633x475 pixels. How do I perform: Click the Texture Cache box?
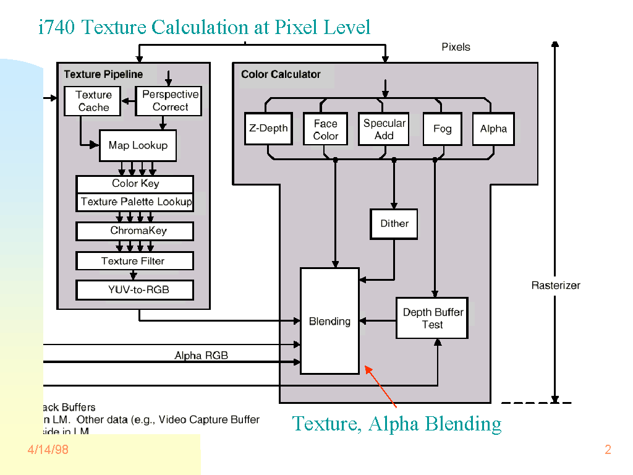(x=93, y=101)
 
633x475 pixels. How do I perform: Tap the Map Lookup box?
(x=138, y=145)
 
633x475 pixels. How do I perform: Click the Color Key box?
(x=135, y=184)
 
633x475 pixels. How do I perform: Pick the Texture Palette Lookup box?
(x=135, y=202)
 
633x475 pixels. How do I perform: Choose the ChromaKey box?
(x=135, y=231)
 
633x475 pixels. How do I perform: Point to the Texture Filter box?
(x=135, y=261)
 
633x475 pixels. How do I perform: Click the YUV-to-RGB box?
(x=135, y=289)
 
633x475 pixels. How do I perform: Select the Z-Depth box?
(x=268, y=129)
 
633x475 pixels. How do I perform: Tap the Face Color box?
(x=325, y=129)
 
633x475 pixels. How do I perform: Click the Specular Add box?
(x=384, y=129)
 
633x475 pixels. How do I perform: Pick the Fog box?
(x=442, y=129)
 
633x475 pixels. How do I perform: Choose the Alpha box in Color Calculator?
(x=493, y=129)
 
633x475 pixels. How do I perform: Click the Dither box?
(x=394, y=224)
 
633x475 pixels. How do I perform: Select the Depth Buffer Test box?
(x=432, y=318)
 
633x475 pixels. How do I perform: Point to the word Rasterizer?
(x=556, y=285)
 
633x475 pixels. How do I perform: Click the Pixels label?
(x=456, y=47)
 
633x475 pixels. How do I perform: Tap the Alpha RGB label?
(x=202, y=356)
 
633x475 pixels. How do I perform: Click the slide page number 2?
(x=608, y=450)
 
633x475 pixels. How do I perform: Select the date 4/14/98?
(x=48, y=450)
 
